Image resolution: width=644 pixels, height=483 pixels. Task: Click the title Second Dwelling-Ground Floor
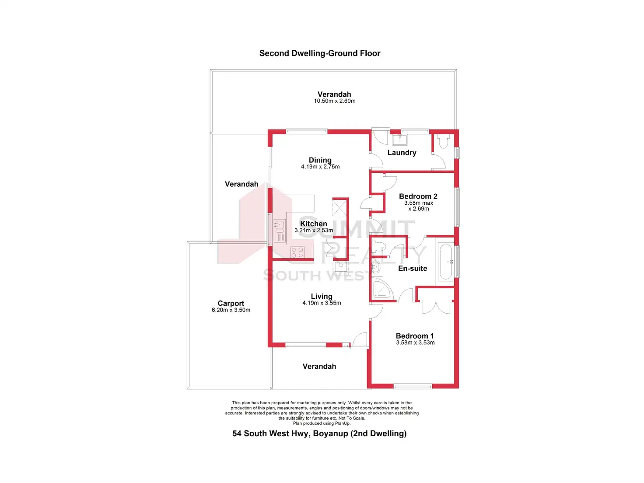[x=320, y=53]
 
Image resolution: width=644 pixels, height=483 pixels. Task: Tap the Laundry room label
[x=402, y=153]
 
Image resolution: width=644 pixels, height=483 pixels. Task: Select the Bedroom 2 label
[x=418, y=196]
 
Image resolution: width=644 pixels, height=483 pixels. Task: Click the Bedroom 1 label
[x=415, y=336]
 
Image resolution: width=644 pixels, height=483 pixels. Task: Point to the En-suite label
[x=413, y=269]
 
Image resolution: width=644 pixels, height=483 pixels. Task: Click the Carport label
[x=231, y=303]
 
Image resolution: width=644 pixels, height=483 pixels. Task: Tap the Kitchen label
[x=314, y=224]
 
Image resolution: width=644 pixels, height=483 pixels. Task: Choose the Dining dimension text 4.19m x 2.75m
[x=320, y=167]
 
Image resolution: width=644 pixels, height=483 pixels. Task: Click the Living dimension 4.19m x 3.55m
[x=322, y=303]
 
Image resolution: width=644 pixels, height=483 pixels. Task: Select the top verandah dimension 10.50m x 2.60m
[x=335, y=101]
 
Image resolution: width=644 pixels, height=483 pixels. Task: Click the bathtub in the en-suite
[x=446, y=262]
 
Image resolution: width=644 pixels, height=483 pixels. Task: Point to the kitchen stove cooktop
[x=298, y=252]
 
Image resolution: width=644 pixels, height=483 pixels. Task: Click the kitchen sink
[x=279, y=225]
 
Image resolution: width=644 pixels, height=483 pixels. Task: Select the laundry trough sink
[x=400, y=140]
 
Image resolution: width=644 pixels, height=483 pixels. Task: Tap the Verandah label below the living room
[x=319, y=367]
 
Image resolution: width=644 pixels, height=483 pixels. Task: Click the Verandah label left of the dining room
[x=241, y=184]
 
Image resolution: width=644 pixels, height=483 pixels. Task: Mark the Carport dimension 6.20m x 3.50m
[x=231, y=310]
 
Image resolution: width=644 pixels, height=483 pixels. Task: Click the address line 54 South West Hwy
[x=319, y=434]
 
